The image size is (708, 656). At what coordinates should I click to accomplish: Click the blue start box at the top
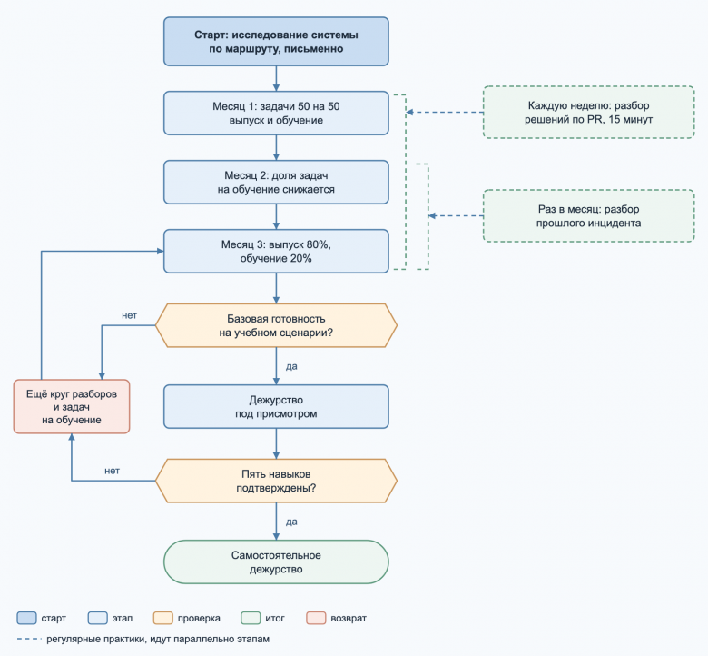(x=276, y=42)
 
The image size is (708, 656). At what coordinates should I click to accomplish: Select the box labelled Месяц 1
(x=276, y=113)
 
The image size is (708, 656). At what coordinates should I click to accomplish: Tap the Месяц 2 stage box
(x=276, y=183)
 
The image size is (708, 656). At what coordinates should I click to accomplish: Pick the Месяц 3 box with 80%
(x=276, y=252)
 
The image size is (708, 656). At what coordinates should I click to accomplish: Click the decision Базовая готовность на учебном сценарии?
(x=276, y=325)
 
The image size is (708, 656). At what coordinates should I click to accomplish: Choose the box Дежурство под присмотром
(x=276, y=406)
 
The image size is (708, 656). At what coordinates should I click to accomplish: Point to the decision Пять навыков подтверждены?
(x=276, y=481)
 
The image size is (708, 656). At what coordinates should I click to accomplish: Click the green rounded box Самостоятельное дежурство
(x=276, y=562)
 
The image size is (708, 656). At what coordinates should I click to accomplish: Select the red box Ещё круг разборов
(x=72, y=406)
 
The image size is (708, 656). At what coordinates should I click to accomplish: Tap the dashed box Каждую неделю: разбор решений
(x=589, y=112)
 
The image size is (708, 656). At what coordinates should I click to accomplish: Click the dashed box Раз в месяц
(x=589, y=215)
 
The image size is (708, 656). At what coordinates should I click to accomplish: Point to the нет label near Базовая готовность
(x=129, y=315)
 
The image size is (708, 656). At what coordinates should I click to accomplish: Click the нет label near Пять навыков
(x=112, y=471)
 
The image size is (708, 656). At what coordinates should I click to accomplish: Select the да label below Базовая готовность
(x=291, y=366)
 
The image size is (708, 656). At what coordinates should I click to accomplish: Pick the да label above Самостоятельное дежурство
(x=291, y=522)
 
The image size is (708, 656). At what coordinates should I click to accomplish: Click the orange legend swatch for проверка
(x=163, y=618)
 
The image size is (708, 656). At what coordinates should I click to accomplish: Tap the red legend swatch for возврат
(x=316, y=618)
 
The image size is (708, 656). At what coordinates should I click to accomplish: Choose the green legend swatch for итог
(x=251, y=618)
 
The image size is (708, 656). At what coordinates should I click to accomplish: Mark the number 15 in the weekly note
(x=615, y=119)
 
